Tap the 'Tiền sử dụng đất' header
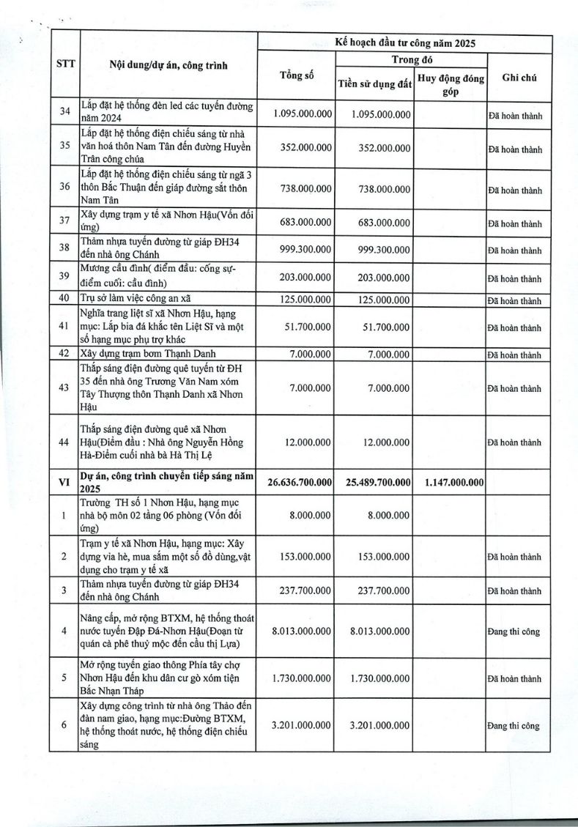[x=374, y=84]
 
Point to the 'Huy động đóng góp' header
[x=450, y=85]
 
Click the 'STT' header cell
[x=64, y=64]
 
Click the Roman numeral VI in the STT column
[x=64, y=482]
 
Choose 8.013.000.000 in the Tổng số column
[x=301, y=631]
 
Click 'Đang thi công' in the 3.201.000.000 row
[x=514, y=726]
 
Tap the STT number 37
[x=64, y=223]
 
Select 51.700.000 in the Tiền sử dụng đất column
[x=388, y=327]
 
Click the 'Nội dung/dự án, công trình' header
[x=168, y=65]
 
